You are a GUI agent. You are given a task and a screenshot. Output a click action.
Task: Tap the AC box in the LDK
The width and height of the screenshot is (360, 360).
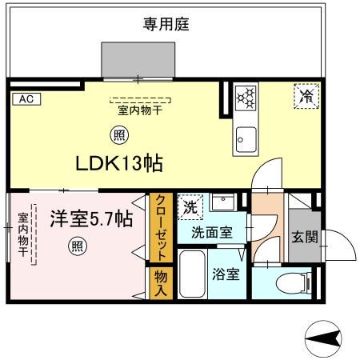pyautogui.click(x=25, y=99)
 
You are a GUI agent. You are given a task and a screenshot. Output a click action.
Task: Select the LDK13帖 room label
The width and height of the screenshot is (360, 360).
pyautogui.click(x=120, y=163)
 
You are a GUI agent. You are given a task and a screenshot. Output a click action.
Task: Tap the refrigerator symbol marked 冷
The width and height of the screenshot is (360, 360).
pyautogui.click(x=306, y=96)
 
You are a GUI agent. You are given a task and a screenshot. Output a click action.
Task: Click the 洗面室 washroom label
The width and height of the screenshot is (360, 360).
pyautogui.click(x=212, y=233)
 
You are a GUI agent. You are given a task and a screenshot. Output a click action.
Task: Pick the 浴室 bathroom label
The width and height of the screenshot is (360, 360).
pyautogui.click(x=226, y=274)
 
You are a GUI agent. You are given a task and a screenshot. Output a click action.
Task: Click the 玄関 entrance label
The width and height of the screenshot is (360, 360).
pyautogui.click(x=304, y=237)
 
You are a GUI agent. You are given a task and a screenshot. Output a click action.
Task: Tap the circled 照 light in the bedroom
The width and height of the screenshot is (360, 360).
pyautogui.click(x=77, y=246)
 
